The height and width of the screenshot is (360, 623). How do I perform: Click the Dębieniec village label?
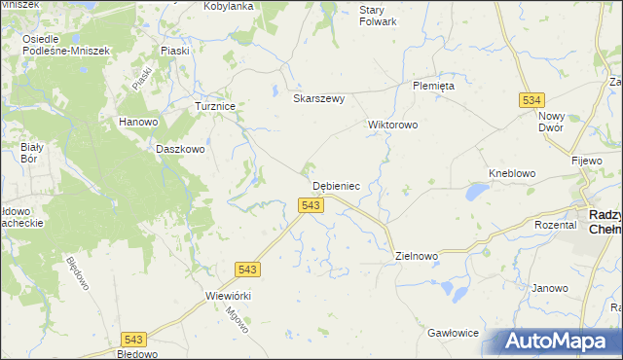337,185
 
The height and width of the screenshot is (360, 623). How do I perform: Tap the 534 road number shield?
531,99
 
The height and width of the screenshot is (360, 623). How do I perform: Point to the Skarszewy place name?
319,98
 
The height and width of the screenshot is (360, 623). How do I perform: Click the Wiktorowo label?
392,125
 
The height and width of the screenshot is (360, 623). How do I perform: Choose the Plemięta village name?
433,85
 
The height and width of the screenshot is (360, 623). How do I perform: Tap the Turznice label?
216,106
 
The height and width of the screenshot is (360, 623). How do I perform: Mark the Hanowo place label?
138,122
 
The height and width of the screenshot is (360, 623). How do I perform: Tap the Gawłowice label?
453,333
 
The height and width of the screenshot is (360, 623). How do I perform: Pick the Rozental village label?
556,224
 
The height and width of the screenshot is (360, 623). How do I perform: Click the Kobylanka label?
229,6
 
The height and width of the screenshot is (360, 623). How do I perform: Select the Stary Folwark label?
378,15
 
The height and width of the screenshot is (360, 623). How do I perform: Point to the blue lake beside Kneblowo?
476,193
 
